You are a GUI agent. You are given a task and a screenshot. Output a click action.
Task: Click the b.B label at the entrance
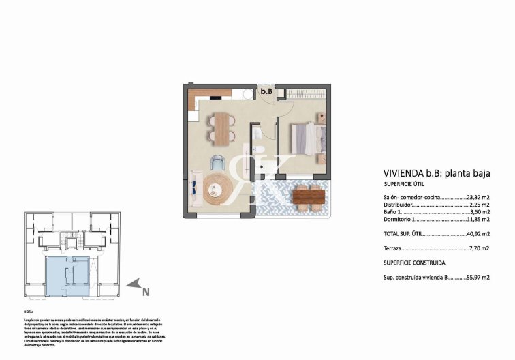point(267,91)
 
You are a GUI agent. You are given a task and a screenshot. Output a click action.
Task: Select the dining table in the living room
point(222,127)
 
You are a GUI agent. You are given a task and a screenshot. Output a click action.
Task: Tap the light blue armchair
point(217,164)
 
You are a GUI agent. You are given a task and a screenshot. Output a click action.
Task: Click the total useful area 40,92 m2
point(477,234)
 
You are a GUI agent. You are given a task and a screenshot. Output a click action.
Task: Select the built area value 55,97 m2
point(477,277)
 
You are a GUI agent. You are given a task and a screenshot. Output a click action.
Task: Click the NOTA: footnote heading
point(28,310)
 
